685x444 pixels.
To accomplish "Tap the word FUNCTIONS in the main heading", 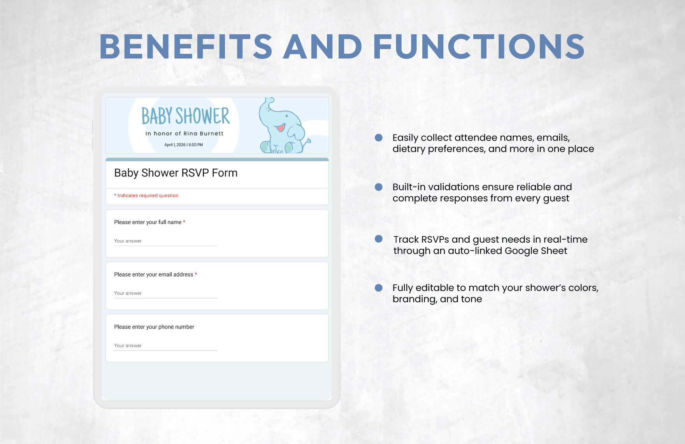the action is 479,47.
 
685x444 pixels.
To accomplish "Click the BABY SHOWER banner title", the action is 186,116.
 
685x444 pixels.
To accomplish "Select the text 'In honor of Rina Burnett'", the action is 184,133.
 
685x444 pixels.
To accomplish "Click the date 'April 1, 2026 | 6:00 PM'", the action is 184,145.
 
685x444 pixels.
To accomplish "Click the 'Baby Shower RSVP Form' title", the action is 176,173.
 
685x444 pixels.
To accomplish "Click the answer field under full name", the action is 165,241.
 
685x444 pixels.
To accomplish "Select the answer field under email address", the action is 165,294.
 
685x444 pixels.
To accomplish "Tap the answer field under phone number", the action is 165,346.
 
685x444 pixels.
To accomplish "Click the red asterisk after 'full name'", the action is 184,222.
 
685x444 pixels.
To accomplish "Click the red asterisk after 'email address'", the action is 196,274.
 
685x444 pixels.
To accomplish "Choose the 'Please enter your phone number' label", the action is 154,327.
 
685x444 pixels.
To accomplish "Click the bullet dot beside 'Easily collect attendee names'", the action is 378,137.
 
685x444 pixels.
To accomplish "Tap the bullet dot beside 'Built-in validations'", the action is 378,187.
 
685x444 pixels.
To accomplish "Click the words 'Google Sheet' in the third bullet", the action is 536,251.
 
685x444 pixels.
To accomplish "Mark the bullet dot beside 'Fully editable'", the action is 378,288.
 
